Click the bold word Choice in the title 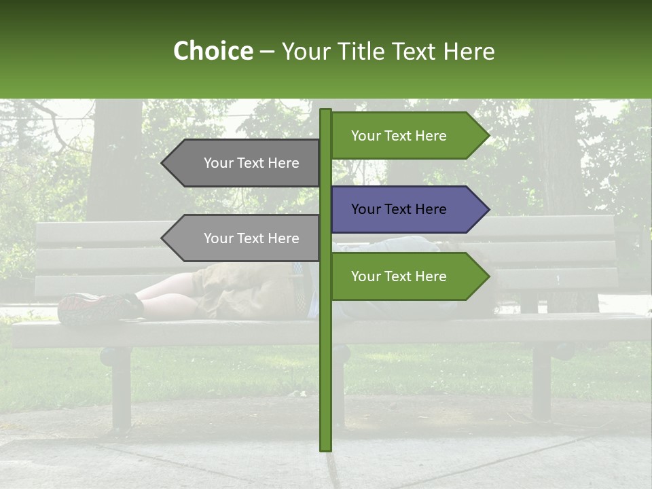(x=213, y=51)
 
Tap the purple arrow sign (x=407, y=209)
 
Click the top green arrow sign (x=407, y=136)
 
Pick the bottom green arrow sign (x=407, y=276)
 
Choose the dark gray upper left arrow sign (x=244, y=163)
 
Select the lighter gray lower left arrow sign (x=244, y=238)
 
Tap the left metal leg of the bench (x=121, y=387)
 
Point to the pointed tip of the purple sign (x=487, y=209)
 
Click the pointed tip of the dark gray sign (x=164, y=163)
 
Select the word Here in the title (x=469, y=51)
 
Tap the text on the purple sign (x=399, y=209)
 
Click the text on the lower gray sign (x=251, y=238)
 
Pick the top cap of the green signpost (x=326, y=111)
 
